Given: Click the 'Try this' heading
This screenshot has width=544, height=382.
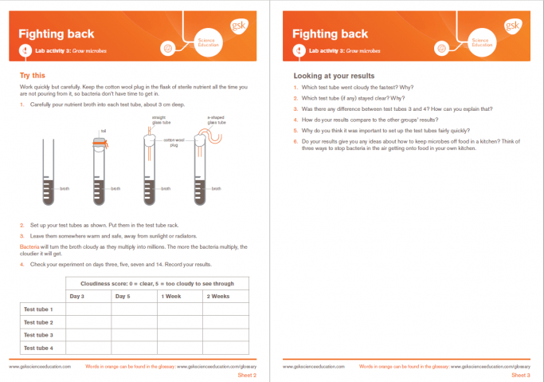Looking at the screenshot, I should coord(33,75).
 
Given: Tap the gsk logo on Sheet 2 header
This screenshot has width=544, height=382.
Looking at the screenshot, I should coord(237,26).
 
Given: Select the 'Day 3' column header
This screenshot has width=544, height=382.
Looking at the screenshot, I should coord(77,296).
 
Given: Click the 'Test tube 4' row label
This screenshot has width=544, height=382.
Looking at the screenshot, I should coord(38,348).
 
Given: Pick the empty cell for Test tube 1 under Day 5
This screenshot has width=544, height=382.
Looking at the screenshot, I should coord(132,309).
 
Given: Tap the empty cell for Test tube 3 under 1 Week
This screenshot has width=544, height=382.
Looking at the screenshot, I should coord(179,335).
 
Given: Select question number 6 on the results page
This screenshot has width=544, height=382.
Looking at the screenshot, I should coord(296,141).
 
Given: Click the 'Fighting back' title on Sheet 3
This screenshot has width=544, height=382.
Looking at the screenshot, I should coord(330,33).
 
